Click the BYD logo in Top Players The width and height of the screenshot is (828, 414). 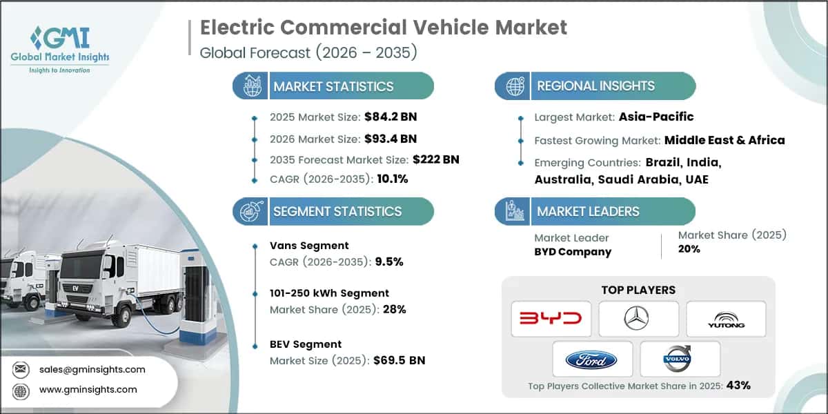[x=551, y=318]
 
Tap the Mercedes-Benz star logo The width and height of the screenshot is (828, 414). [x=638, y=318]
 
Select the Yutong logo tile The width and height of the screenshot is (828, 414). [x=726, y=318]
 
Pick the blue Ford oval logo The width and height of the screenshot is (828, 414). [x=591, y=359]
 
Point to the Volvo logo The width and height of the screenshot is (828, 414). [x=680, y=359]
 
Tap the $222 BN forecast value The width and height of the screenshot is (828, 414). [x=436, y=159]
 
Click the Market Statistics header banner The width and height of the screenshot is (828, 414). [x=333, y=86]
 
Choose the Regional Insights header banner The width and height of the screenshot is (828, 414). [x=595, y=86]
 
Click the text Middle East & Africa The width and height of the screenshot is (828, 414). [x=724, y=140]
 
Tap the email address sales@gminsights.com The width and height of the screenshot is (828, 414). [x=92, y=369]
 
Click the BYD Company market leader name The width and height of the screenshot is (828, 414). [x=573, y=251]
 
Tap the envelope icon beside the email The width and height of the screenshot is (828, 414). [x=21, y=369]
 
